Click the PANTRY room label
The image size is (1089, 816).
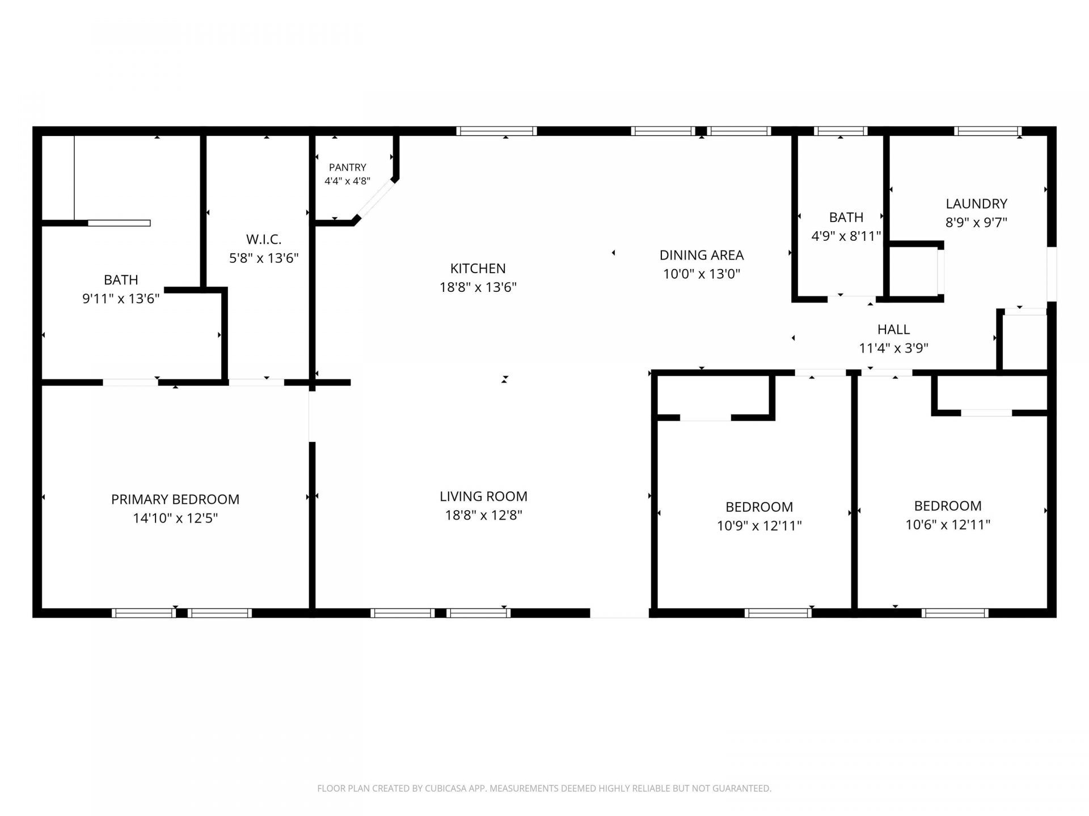point(348,167)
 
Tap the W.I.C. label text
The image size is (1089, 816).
point(264,239)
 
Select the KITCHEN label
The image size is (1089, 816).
point(478,268)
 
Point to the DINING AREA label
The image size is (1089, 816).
point(702,255)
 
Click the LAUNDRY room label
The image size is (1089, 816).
point(976,203)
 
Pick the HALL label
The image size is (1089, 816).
point(893,329)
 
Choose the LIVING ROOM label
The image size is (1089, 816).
point(483,496)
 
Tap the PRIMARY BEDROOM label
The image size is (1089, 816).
point(175,499)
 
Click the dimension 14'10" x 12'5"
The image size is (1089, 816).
point(175,518)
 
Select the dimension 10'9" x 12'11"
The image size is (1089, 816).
point(759,525)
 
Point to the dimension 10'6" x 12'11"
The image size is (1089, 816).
point(948,524)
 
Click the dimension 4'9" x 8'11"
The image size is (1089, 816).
point(846,236)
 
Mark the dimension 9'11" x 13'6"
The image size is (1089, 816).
point(121,298)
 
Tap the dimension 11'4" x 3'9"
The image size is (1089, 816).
point(893,348)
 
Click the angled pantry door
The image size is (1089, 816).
point(375,198)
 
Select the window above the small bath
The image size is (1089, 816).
point(841,131)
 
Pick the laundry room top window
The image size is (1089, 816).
point(987,131)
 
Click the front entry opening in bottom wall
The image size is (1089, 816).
point(619,613)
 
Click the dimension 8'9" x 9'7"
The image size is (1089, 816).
point(976,222)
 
